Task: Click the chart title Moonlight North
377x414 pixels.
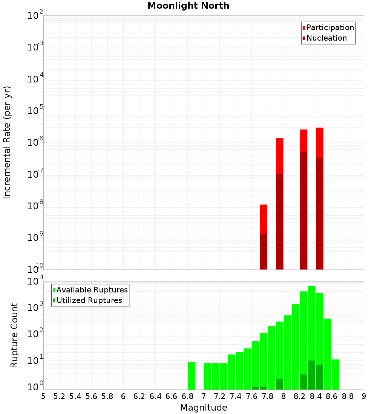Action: click(188, 6)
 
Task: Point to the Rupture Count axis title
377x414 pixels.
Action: click(14, 335)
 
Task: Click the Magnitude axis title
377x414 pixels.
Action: click(204, 408)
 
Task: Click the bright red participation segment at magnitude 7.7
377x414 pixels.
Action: click(264, 219)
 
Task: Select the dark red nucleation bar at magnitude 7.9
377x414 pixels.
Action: click(279, 222)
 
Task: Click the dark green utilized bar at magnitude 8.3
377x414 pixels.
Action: click(312, 375)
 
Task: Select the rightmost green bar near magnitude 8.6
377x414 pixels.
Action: click(336, 374)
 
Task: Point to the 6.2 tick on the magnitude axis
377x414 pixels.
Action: click(139, 396)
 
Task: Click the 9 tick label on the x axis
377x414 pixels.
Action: click(364, 396)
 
